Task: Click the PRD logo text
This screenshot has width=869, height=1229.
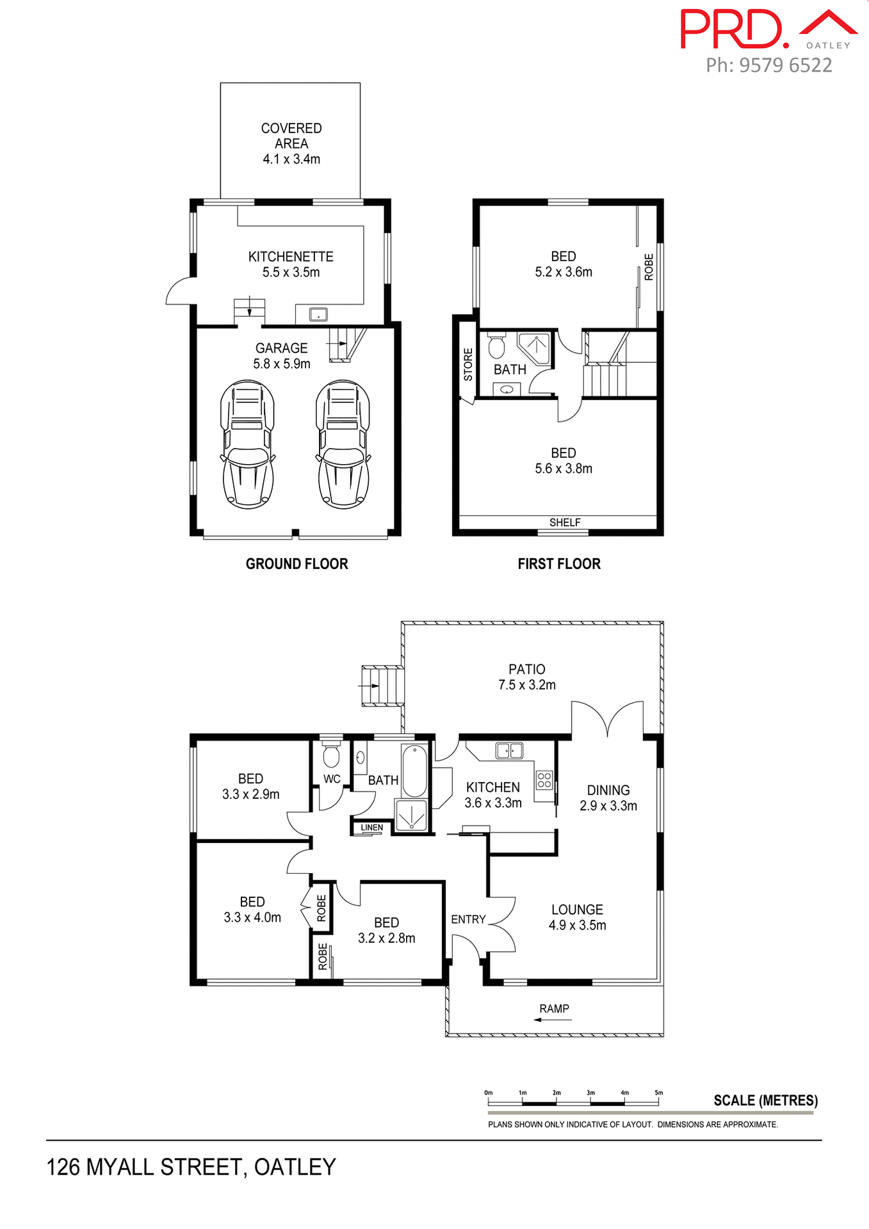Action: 733,29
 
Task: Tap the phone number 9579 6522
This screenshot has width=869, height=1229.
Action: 785,65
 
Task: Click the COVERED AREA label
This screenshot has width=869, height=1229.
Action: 291,136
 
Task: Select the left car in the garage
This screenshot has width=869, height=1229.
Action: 248,444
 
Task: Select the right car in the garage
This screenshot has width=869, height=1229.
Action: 343,444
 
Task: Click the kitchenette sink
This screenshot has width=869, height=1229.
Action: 318,314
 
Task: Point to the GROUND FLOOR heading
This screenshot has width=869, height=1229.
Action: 296,564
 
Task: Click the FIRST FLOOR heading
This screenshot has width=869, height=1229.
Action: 559,564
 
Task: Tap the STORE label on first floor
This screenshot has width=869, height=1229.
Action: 468,365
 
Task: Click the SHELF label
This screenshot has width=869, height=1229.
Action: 565,522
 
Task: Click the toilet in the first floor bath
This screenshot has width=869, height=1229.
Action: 496,347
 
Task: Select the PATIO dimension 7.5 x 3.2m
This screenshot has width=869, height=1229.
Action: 527,685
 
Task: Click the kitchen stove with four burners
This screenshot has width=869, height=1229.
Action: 544,780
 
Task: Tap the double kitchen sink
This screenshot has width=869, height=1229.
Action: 509,750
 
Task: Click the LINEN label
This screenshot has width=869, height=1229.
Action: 371,828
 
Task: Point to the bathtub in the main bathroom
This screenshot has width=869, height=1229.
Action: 415,771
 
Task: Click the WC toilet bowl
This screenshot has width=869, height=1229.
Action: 330,757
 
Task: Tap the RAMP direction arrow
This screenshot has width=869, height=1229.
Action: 552,1020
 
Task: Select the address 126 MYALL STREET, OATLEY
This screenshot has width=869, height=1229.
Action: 191,1167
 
